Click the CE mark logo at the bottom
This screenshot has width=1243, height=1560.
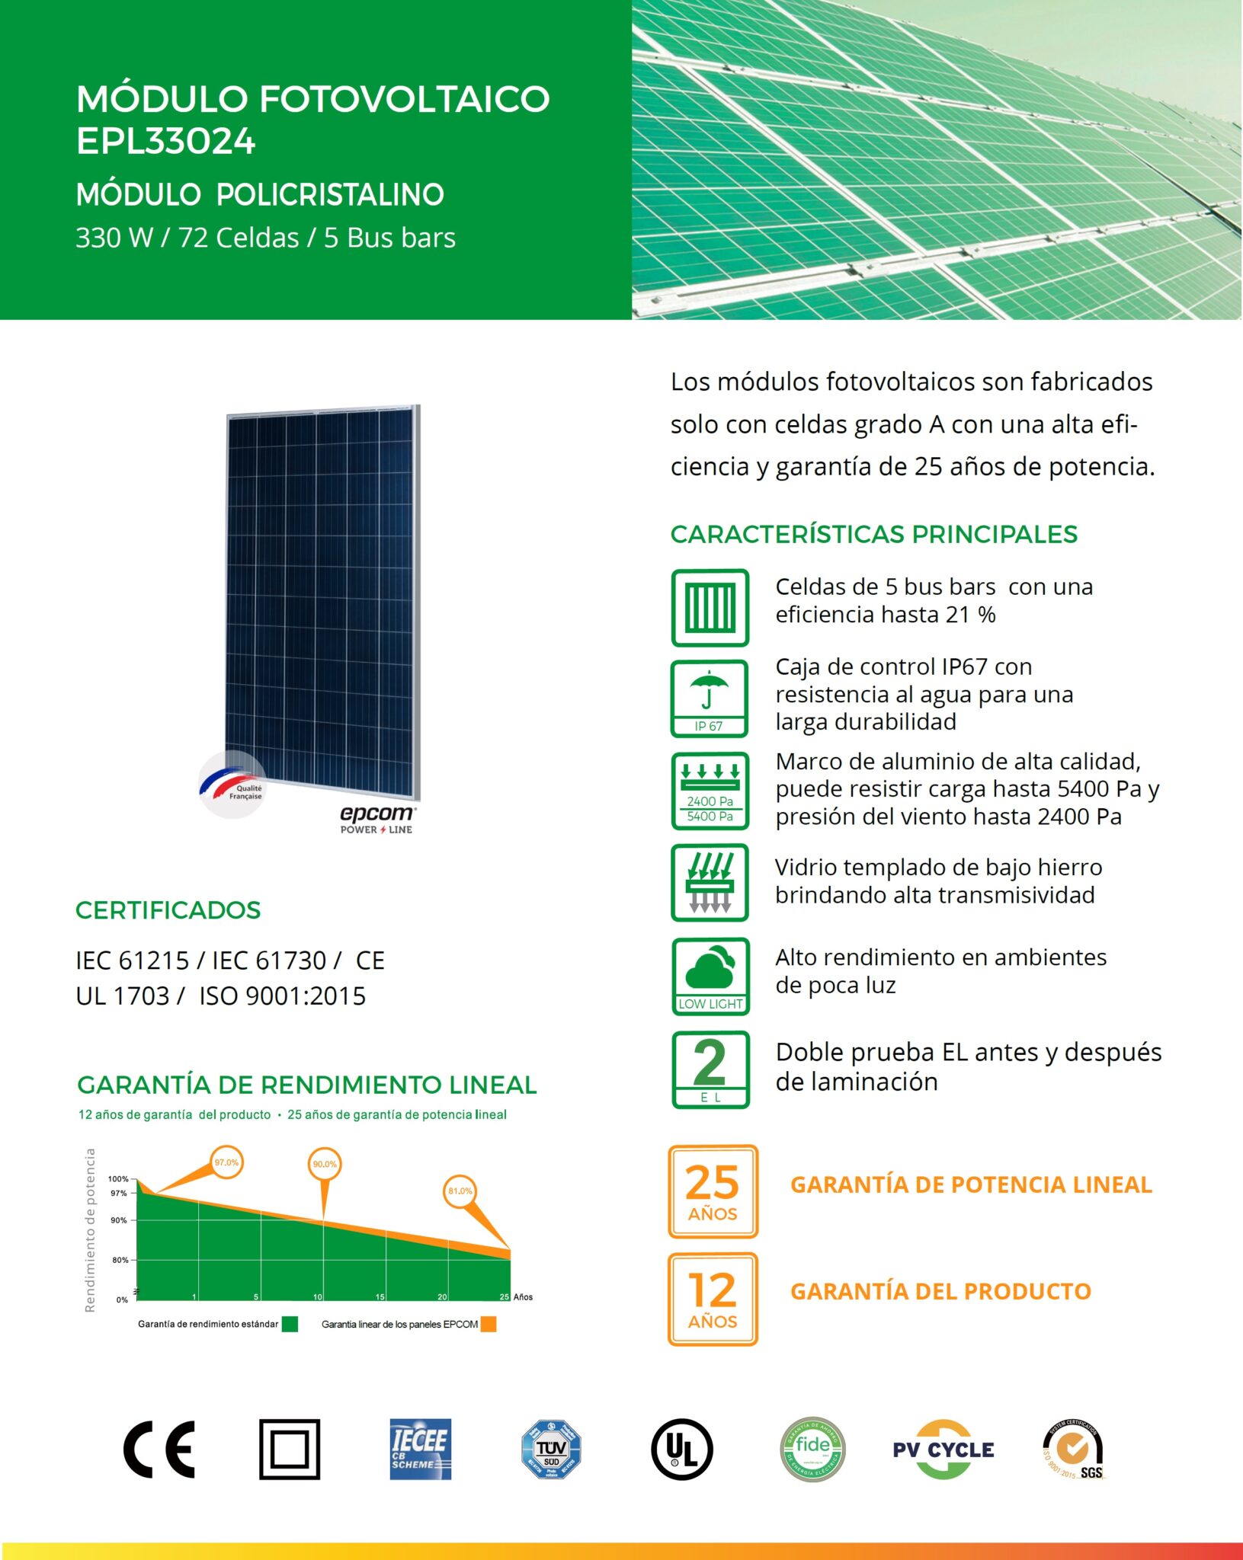tap(159, 1449)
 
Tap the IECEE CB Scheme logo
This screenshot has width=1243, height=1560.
tap(420, 1449)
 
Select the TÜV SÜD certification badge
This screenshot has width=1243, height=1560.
tap(551, 1449)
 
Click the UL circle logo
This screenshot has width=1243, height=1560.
tap(682, 1449)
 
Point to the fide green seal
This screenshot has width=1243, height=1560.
tap(812, 1449)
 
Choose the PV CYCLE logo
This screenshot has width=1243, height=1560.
tap(943, 1450)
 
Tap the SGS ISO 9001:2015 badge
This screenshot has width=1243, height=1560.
tap(1073, 1450)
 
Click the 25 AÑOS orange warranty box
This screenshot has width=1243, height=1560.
tap(713, 1191)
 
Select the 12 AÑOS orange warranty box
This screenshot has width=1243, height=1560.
tap(713, 1299)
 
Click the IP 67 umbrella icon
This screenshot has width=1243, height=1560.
tap(710, 698)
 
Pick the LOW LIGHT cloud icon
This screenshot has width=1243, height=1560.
tap(710, 976)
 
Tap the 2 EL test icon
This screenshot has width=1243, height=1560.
tap(710, 1069)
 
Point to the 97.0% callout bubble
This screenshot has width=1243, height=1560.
tap(226, 1162)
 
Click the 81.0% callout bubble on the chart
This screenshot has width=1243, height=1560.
tap(460, 1191)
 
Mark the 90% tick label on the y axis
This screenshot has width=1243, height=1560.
tap(119, 1220)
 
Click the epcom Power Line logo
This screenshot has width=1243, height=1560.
tap(377, 819)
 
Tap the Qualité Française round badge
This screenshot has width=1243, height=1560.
tap(234, 785)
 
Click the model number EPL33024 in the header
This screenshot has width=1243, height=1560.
tap(166, 141)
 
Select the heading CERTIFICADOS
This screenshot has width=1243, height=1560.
tap(168, 909)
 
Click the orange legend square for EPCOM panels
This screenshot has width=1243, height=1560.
tap(489, 1324)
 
